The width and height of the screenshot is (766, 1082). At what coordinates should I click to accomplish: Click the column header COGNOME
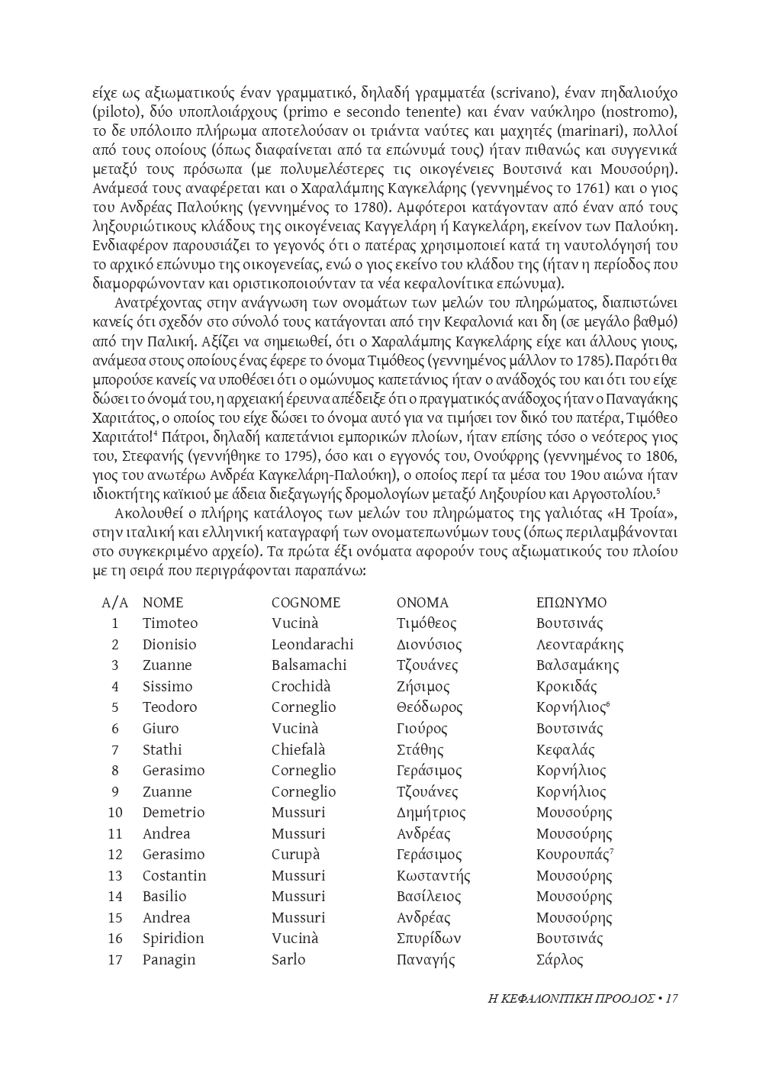pos(306,603)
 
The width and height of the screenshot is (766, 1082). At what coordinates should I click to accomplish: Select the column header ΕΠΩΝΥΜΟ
pos(571,603)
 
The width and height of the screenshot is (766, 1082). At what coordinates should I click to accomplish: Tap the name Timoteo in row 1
pos(169,623)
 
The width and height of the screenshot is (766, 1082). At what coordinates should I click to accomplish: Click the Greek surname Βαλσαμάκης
pos(578,665)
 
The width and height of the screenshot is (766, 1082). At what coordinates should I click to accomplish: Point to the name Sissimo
pos(167,687)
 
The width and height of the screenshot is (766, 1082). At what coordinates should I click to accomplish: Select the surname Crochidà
pos(301,687)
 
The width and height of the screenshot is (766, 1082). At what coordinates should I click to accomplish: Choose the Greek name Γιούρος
pos(422,729)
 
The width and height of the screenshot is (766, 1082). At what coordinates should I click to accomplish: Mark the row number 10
pos(115,813)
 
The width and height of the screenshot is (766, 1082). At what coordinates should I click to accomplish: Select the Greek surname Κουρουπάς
pos(573,855)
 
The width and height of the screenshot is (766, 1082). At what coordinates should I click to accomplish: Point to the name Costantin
pos(174,876)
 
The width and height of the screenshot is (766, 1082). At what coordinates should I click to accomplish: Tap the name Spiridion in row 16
pos(173,939)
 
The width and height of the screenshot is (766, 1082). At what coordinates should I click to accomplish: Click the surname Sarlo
pos(288,960)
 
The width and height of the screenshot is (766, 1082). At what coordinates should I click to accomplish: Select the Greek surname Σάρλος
pos(559,960)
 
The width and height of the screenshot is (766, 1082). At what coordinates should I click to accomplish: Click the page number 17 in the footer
pos(671,998)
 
